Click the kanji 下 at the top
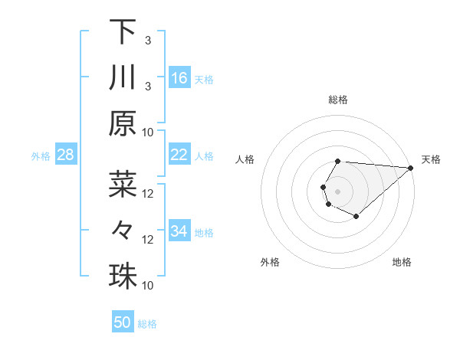(123, 31)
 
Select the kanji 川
(123, 77)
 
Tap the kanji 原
(123, 124)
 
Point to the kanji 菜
(123, 185)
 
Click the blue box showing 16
(179, 78)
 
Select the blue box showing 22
(179, 155)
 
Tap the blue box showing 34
(179, 231)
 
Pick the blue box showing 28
(66, 155)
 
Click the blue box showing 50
(123, 322)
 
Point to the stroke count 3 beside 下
(147, 39)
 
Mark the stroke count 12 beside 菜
(149, 193)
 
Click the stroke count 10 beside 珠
(149, 285)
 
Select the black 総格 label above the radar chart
(337, 100)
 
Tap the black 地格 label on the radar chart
(402, 263)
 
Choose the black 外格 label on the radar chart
(270, 263)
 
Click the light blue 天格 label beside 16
(204, 79)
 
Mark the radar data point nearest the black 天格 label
(410, 168)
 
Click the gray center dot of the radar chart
(337, 190)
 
